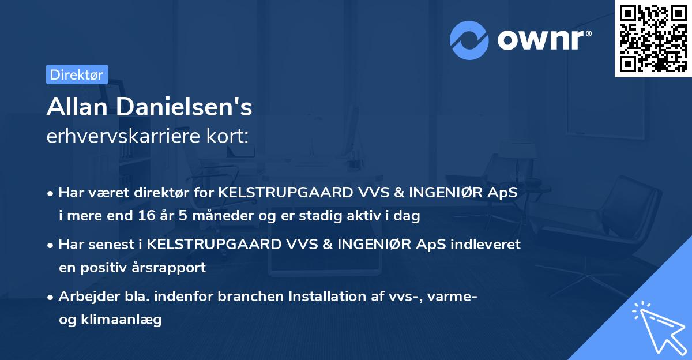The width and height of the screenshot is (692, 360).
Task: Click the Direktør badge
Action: point(77,74)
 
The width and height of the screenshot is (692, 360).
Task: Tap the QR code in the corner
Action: point(653,38)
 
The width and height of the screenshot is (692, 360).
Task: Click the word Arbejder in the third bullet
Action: point(85,296)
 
